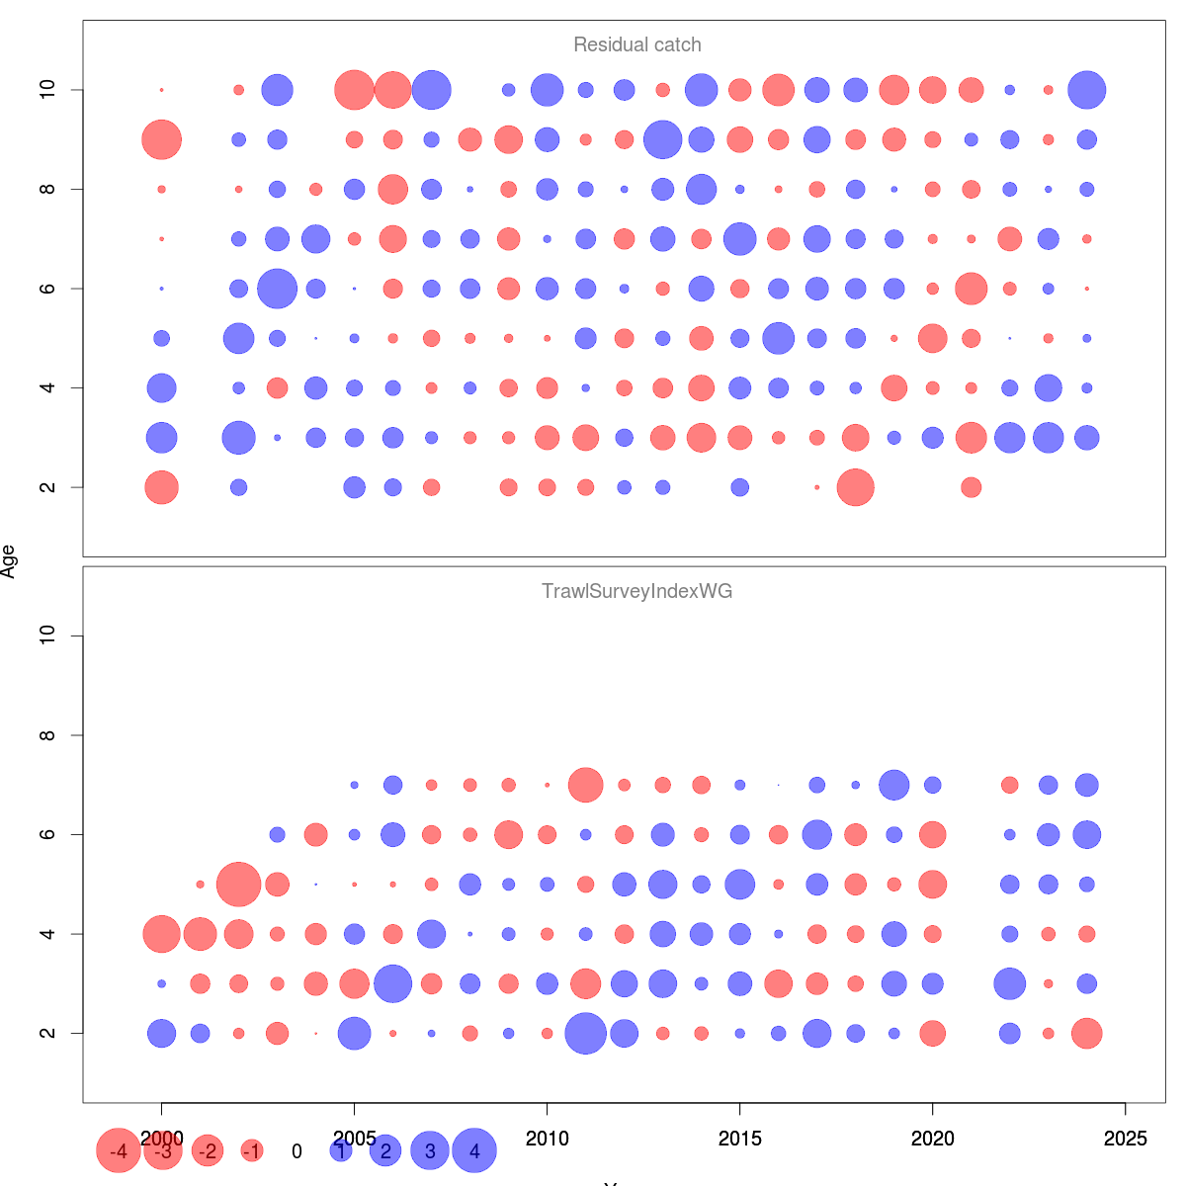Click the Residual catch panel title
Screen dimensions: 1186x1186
coord(637,44)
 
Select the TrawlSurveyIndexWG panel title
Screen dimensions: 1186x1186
coord(637,591)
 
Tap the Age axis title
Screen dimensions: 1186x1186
coord(9,561)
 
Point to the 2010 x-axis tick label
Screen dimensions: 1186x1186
coord(547,1139)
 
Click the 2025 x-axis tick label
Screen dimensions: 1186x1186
coord(1125,1139)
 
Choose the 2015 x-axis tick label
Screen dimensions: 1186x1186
coord(739,1139)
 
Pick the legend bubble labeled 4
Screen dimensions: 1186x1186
coord(474,1150)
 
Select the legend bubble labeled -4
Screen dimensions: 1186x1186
coord(119,1150)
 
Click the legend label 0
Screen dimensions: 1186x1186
coord(296,1151)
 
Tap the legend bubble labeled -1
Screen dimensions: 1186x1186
coord(252,1150)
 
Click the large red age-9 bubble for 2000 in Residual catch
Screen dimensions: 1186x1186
coord(162,139)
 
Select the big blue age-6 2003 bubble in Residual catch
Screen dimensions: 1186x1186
coord(278,289)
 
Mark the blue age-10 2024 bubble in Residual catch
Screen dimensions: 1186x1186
coord(1086,90)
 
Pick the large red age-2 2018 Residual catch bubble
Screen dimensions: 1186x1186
coord(856,487)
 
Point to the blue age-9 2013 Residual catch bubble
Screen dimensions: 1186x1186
coord(663,139)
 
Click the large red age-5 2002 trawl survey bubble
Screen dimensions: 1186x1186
coord(238,885)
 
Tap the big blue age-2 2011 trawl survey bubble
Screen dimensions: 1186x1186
coord(585,1034)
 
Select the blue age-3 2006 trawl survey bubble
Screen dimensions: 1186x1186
coord(392,983)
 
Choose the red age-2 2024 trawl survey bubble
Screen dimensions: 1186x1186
coord(1086,1034)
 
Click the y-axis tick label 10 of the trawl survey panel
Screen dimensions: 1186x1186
coord(46,635)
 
